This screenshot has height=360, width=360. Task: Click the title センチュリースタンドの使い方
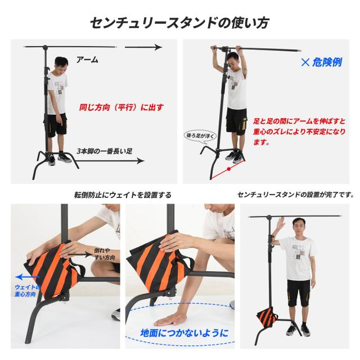click(x=179, y=22)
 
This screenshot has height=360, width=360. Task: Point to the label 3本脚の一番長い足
click(x=105, y=151)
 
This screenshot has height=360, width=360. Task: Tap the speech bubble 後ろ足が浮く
click(x=197, y=136)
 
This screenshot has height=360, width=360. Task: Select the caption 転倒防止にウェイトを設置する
click(x=123, y=195)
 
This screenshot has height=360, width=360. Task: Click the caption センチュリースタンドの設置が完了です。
click(x=295, y=195)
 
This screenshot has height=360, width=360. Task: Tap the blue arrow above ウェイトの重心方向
click(x=28, y=277)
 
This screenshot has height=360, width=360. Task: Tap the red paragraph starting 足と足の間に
click(x=299, y=132)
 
